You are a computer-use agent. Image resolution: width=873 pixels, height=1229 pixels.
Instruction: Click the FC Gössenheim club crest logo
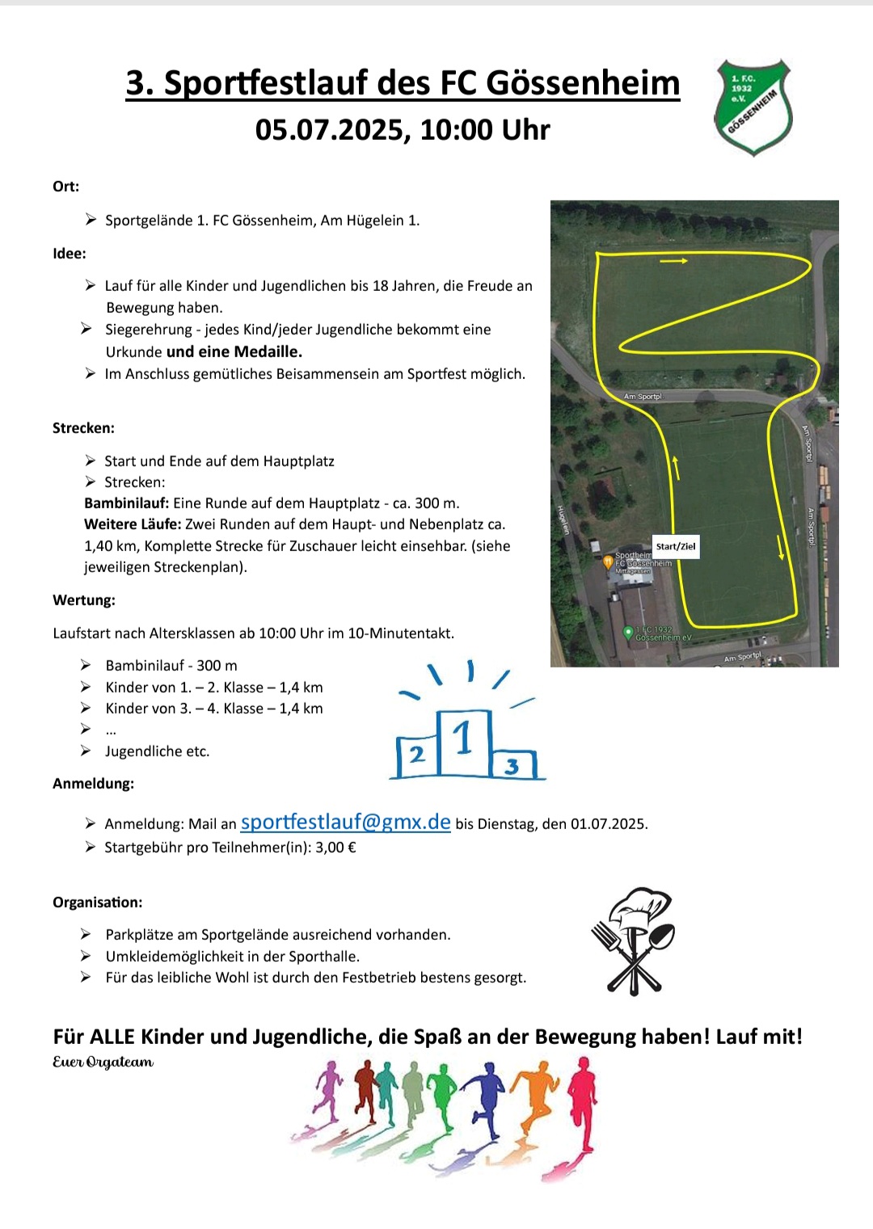(753, 107)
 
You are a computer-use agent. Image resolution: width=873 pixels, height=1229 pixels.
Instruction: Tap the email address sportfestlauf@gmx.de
(345, 822)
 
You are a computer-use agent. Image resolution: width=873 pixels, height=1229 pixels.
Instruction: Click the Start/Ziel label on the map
(675, 546)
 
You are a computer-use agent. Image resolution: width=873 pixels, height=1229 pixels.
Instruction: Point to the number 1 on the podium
(462, 739)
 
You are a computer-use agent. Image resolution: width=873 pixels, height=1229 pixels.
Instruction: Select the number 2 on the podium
(416, 755)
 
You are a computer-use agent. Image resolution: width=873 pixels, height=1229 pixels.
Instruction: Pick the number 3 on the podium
(512, 765)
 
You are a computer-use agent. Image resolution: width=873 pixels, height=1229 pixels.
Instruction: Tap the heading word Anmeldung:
(93, 783)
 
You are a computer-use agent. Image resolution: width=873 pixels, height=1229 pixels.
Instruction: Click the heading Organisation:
(97, 902)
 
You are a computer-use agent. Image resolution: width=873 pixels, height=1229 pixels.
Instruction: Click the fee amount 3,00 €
(335, 848)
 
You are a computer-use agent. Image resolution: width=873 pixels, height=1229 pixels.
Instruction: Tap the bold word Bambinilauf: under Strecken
(126, 503)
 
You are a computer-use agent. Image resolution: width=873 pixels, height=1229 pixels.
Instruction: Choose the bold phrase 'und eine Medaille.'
(234, 351)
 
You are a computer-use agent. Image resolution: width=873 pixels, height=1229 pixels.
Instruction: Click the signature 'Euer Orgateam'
(103, 1062)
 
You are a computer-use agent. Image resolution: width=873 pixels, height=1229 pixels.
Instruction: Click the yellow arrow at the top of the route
(673, 261)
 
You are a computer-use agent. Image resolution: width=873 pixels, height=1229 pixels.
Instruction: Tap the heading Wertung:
(84, 600)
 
